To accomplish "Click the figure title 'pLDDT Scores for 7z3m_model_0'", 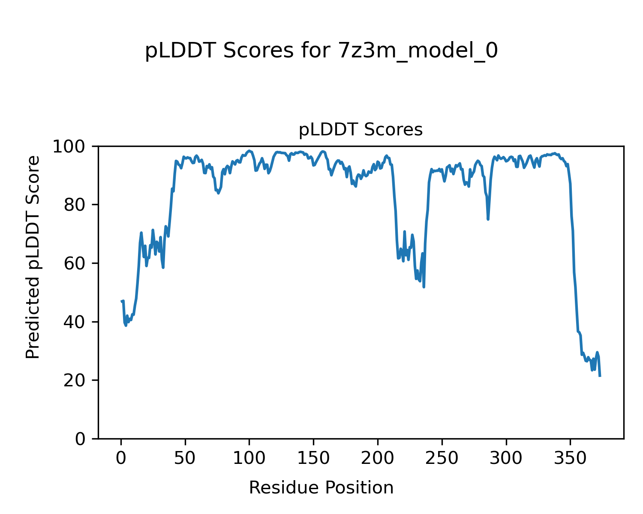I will pyautogui.click(x=321, y=51).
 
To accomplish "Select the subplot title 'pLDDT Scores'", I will pyautogui.click(x=361, y=130).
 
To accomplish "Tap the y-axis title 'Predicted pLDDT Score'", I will pyautogui.click(x=33, y=257).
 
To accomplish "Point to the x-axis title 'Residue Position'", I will pyautogui.click(x=321, y=487).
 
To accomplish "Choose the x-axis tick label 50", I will pyautogui.click(x=185, y=458).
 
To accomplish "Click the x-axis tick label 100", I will pyautogui.click(x=249, y=458).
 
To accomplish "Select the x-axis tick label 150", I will pyautogui.click(x=313, y=458).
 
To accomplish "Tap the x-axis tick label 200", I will pyautogui.click(x=378, y=458).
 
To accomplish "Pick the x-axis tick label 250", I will pyautogui.click(x=442, y=458).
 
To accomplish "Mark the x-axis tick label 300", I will pyautogui.click(x=506, y=458).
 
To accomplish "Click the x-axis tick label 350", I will pyautogui.click(x=570, y=458).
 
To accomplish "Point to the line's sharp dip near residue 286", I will pyautogui.click(x=488, y=219).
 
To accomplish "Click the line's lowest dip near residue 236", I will pyautogui.click(x=424, y=287).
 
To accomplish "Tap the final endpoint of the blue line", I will pyautogui.click(x=600, y=376).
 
